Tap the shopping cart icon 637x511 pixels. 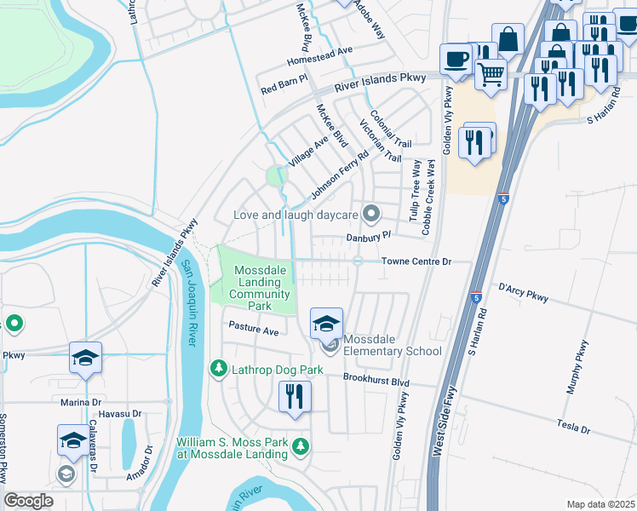[x=491, y=74]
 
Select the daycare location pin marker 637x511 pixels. [x=370, y=213]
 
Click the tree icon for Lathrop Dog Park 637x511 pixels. [x=219, y=367]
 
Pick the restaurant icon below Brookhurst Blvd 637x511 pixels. [x=295, y=397]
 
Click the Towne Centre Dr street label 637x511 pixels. [x=414, y=261]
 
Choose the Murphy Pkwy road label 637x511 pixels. [x=577, y=366]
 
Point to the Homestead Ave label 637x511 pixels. [x=319, y=50]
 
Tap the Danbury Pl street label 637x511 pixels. [x=368, y=236]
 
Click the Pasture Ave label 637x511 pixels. [x=253, y=329]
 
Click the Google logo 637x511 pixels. [x=28, y=501]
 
